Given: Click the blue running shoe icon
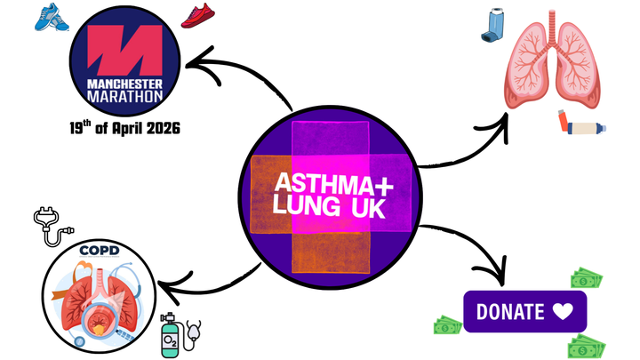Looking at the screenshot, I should [x=51, y=16].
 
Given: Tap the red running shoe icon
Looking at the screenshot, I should [x=196, y=16].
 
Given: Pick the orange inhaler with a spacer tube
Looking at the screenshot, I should [x=581, y=124].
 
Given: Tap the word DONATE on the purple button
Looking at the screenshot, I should [x=510, y=312].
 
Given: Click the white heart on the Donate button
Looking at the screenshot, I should [x=562, y=312].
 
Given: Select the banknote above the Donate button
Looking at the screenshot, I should [x=586, y=278].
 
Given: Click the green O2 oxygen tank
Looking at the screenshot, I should [x=170, y=335].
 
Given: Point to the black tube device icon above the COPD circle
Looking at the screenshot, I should [x=50, y=226].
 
